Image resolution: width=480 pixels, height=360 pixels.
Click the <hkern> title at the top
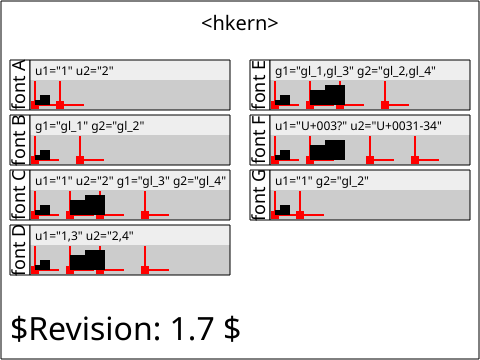click(240, 23)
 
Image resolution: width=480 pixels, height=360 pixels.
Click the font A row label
click(19, 85)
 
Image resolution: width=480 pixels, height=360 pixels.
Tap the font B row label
click(19, 140)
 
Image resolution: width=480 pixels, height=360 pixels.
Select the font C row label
click(19, 195)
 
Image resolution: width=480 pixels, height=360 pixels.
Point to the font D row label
click(19, 250)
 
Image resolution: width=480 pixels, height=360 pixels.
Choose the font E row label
click(259, 85)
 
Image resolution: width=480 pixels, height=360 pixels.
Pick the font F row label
click(259, 140)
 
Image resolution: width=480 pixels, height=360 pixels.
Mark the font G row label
click(259, 195)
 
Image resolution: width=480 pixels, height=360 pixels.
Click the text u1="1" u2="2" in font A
click(74, 71)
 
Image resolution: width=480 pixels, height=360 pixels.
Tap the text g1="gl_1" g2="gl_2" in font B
click(90, 126)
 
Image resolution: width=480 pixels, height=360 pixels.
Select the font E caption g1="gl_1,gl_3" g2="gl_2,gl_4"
click(355, 71)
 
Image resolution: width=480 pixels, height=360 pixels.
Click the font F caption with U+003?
click(358, 126)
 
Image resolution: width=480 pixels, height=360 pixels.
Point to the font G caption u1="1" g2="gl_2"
click(322, 181)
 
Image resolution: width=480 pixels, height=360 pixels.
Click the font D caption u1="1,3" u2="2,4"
click(84, 236)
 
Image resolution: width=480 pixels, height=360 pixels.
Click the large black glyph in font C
click(88, 205)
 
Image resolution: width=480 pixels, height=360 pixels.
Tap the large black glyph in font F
click(328, 150)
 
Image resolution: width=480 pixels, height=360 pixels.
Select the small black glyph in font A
click(43, 100)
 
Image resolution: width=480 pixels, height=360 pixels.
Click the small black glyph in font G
click(283, 210)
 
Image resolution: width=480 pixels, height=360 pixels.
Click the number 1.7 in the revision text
click(192, 329)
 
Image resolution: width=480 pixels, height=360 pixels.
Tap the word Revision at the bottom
click(92, 329)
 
